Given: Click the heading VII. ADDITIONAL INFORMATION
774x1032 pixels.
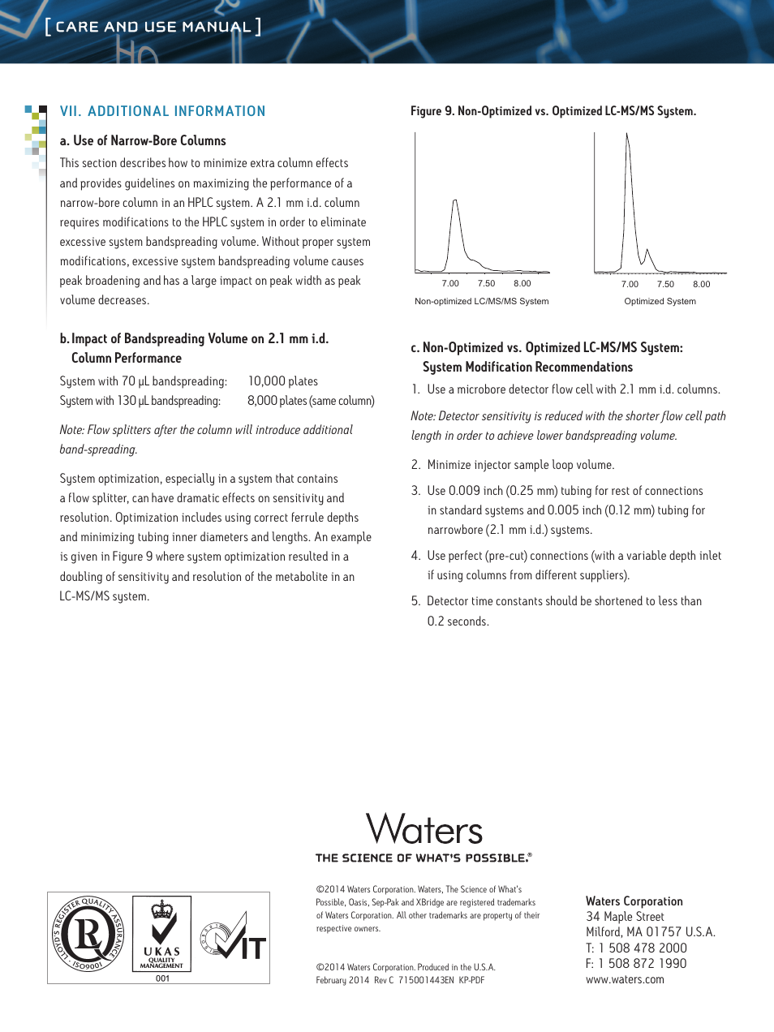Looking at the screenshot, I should click(x=162, y=111).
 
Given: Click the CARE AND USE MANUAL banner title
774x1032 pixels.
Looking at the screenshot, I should click(x=153, y=27).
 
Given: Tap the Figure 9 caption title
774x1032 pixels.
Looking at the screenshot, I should click(x=553, y=111).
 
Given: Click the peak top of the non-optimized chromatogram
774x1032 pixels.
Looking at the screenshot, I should click(x=455, y=200).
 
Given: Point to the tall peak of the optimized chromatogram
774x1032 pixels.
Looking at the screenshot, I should click(x=627, y=136).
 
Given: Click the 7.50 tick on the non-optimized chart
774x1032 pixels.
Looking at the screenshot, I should click(x=486, y=283).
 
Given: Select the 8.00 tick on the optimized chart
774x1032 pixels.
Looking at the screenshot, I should click(x=701, y=284).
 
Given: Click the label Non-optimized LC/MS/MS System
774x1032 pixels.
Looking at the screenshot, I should click(x=481, y=301).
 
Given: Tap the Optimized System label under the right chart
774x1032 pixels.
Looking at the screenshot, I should click(x=660, y=301).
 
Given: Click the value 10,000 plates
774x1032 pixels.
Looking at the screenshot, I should click(x=282, y=381).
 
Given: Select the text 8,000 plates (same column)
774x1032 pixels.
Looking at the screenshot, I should click(x=311, y=401).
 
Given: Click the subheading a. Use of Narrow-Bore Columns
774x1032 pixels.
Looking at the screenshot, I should click(x=143, y=140).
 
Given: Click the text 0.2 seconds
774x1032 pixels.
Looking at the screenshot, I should click(x=458, y=621).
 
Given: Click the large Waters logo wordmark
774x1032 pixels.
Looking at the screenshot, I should click(x=424, y=829).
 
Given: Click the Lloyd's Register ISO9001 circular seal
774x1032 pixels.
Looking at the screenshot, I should click(x=88, y=934).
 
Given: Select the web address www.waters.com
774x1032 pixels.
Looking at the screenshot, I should click(x=625, y=979).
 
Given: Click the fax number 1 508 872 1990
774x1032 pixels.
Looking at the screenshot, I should click(x=642, y=963).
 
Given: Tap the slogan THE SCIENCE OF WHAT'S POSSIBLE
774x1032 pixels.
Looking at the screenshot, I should click(x=424, y=858).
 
